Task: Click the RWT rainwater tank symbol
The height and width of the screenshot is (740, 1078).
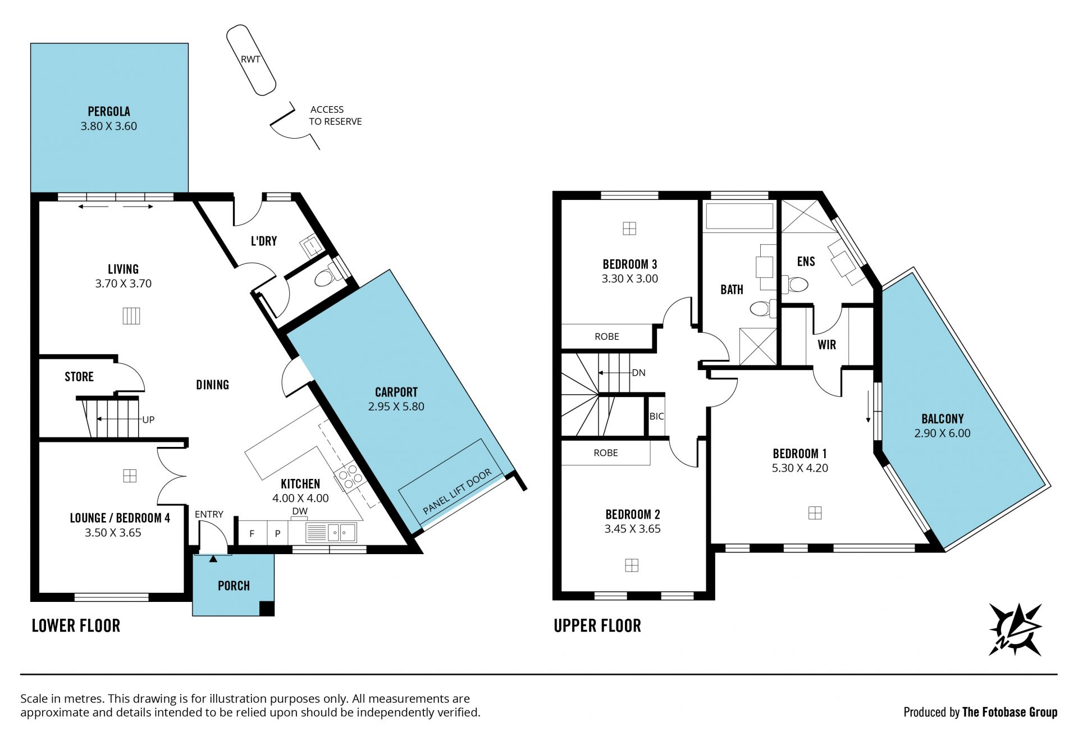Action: click(251, 60)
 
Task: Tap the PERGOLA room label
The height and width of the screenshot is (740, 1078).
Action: click(109, 111)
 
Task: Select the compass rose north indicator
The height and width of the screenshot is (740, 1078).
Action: click(1015, 629)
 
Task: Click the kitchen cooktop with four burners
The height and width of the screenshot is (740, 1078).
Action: click(349, 477)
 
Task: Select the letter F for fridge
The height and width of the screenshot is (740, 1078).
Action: click(252, 533)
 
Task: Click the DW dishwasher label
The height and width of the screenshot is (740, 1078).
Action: click(300, 511)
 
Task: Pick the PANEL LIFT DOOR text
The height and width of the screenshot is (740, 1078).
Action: click(457, 491)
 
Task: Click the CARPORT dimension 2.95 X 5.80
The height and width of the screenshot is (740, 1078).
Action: click(396, 406)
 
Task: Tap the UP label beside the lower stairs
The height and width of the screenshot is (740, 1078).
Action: click(148, 419)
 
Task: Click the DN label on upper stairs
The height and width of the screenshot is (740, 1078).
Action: click(639, 373)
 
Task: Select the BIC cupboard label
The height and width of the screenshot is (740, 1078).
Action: click(656, 416)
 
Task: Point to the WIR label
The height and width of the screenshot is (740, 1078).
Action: click(826, 345)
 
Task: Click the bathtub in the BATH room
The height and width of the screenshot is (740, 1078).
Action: click(739, 216)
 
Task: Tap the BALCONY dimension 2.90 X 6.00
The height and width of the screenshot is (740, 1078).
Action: click(942, 433)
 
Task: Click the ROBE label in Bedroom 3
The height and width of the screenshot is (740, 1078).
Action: click(607, 336)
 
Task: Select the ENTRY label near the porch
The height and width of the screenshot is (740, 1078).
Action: click(209, 514)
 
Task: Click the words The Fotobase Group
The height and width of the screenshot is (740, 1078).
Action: click(1010, 712)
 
